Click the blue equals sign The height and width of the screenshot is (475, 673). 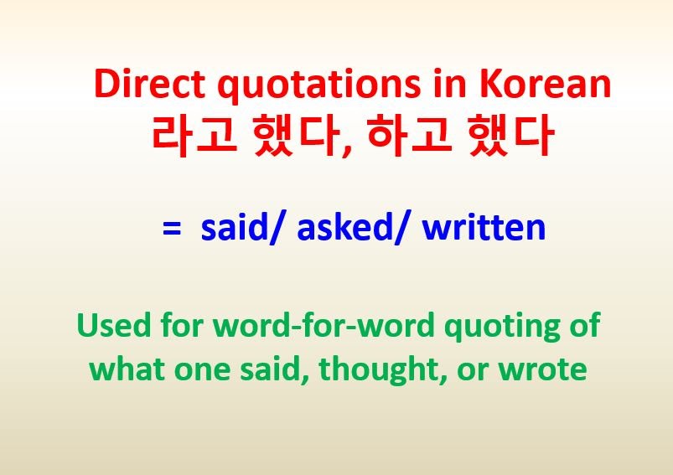coord(172,228)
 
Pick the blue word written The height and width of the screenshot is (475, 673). coord(484,227)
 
